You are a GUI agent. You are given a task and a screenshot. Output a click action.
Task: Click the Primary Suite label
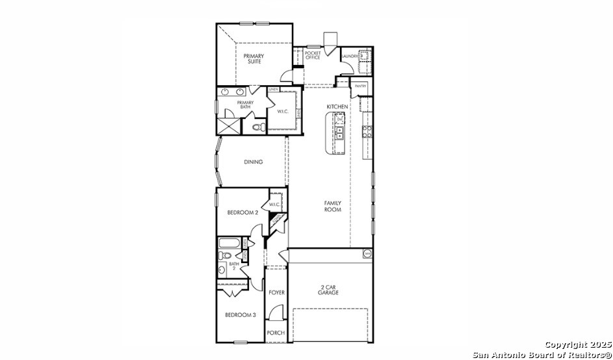click(254, 58)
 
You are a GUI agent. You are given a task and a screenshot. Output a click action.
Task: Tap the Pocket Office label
click(313, 56)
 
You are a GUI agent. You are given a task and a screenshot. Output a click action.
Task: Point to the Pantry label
click(360, 86)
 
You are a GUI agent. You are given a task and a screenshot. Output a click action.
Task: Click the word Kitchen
click(337, 107)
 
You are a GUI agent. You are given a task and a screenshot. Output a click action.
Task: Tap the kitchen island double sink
click(339, 133)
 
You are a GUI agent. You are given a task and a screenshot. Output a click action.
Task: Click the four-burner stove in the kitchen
click(367, 132)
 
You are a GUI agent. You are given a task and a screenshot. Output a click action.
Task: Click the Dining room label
click(254, 162)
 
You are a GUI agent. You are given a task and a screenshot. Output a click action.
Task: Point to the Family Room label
click(333, 207)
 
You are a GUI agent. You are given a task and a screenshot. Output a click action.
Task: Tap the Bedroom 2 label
click(242, 212)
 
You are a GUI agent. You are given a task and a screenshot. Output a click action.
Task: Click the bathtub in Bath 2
click(229, 244)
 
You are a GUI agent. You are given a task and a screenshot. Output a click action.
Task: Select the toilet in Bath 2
click(222, 269)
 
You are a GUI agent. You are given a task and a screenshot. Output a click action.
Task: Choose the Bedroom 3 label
click(241, 315)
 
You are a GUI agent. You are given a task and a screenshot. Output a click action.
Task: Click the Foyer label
click(277, 293)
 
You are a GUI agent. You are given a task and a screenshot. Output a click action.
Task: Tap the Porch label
click(276, 333)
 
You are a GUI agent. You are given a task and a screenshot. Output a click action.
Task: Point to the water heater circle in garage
click(367, 253)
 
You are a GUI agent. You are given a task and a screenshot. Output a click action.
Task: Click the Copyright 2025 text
click(577, 344)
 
